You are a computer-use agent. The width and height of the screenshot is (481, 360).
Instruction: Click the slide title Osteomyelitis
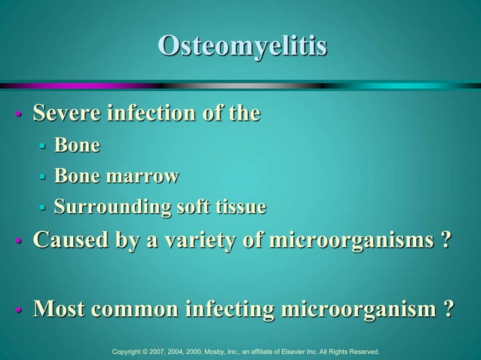pyautogui.click(x=242, y=46)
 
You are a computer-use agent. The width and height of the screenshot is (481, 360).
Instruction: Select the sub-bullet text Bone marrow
pyautogui.click(x=116, y=176)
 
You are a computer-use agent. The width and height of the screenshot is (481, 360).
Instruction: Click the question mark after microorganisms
pyautogui.click(x=446, y=243)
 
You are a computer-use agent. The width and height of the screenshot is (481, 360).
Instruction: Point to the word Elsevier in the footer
pyautogui.click(x=293, y=351)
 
